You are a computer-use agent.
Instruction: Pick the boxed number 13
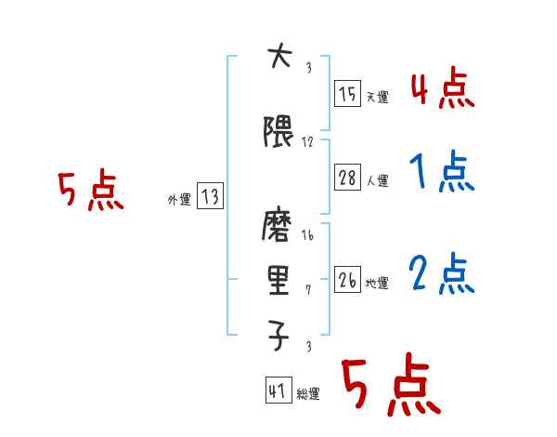[210, 196]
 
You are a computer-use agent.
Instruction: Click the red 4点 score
[442, 89]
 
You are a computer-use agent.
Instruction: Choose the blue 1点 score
[442, 174]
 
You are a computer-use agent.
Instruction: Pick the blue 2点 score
[442, 273]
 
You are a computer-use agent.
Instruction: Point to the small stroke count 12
[307, 142]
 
